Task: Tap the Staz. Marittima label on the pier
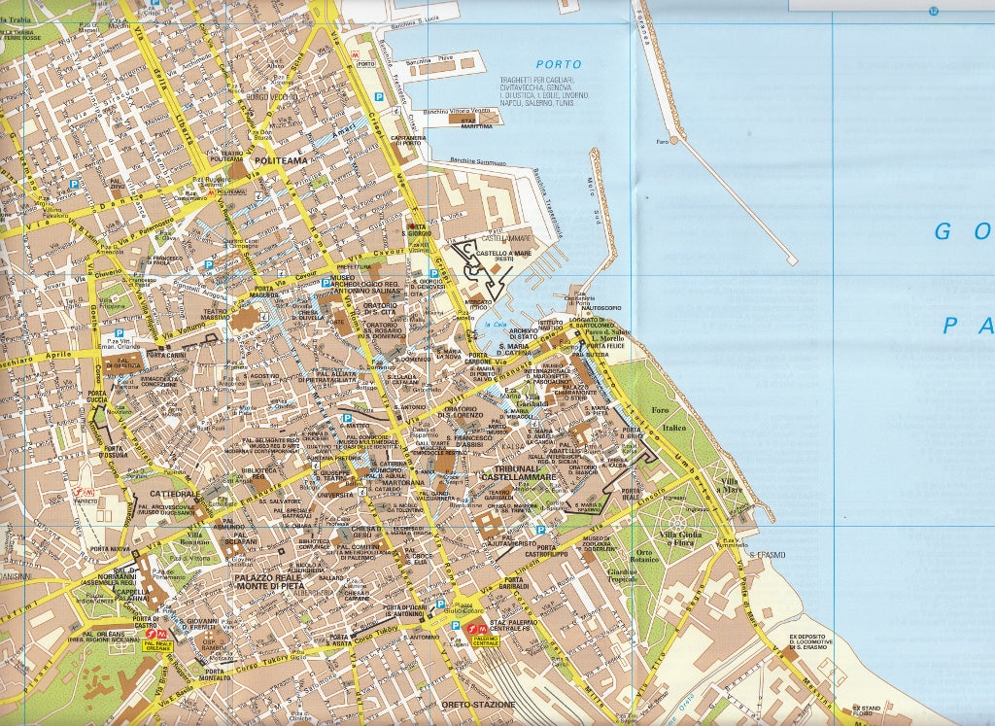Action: [x=476, y=123]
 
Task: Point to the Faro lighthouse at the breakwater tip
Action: [x=663, y=141]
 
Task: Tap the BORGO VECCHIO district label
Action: [x=269, y=97]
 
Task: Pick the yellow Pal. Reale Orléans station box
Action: [x=156, y=645]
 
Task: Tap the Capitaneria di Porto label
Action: [x=408, y=142]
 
